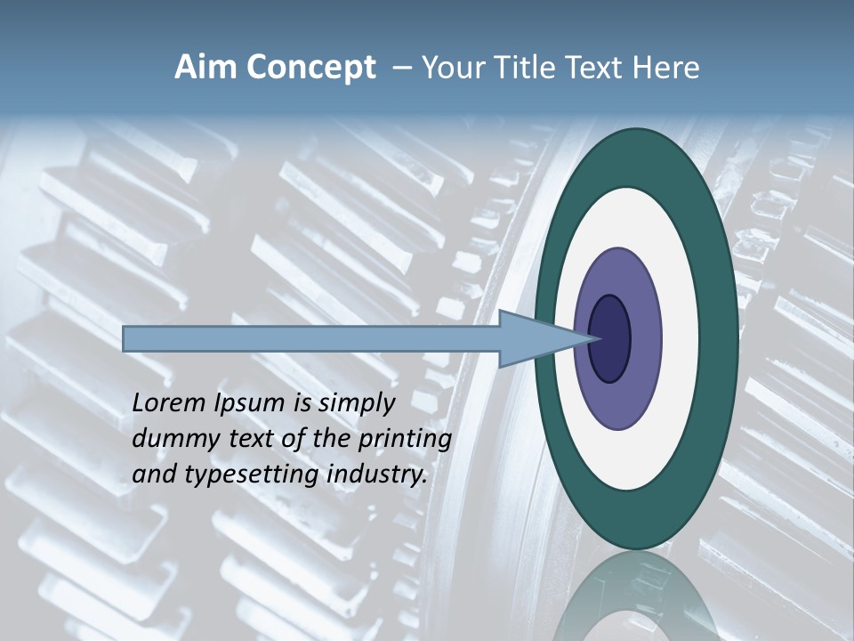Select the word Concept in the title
pyautogui.click(x=310, y=68)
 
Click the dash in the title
pyautogui.click(x=401, y=69)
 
